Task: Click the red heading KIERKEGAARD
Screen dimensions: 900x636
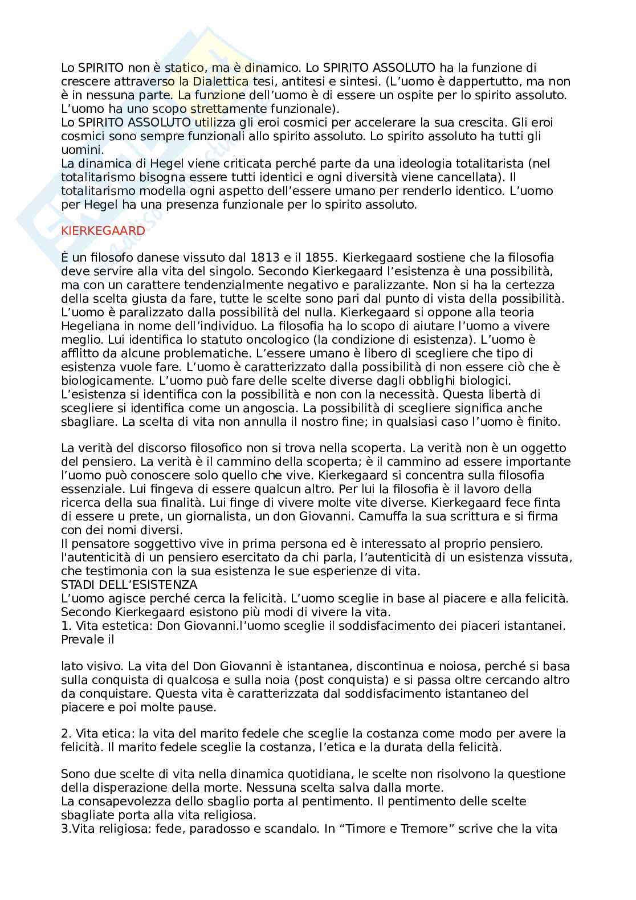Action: (x=103, y=231)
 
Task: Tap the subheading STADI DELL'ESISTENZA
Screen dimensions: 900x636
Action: (x=129, y=585)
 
